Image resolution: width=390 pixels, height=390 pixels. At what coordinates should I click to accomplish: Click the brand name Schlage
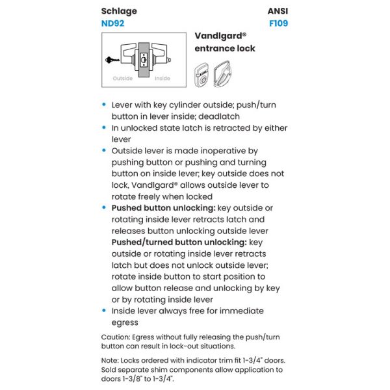pyautogui.click(x=119, y=11)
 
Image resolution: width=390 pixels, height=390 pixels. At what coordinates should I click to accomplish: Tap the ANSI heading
pyautogui.click(x=278, y=11)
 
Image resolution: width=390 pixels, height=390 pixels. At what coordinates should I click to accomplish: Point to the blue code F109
pyautogui.click(x=278, y=23)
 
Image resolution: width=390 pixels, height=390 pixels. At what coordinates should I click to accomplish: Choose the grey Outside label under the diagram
pyautogui.click(x=123, y=79)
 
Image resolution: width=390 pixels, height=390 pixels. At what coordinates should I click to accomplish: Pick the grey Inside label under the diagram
pyautogui.click(x=162, y=79)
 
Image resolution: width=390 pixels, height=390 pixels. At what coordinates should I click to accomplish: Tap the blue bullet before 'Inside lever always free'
pyautogui.click(x=105, y=311)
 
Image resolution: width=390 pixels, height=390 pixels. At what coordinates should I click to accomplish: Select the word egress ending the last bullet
pyautogui.click(x=125, y=322)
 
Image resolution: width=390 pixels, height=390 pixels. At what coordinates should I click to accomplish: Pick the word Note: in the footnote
pyautogui.click(x=112, y=360)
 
